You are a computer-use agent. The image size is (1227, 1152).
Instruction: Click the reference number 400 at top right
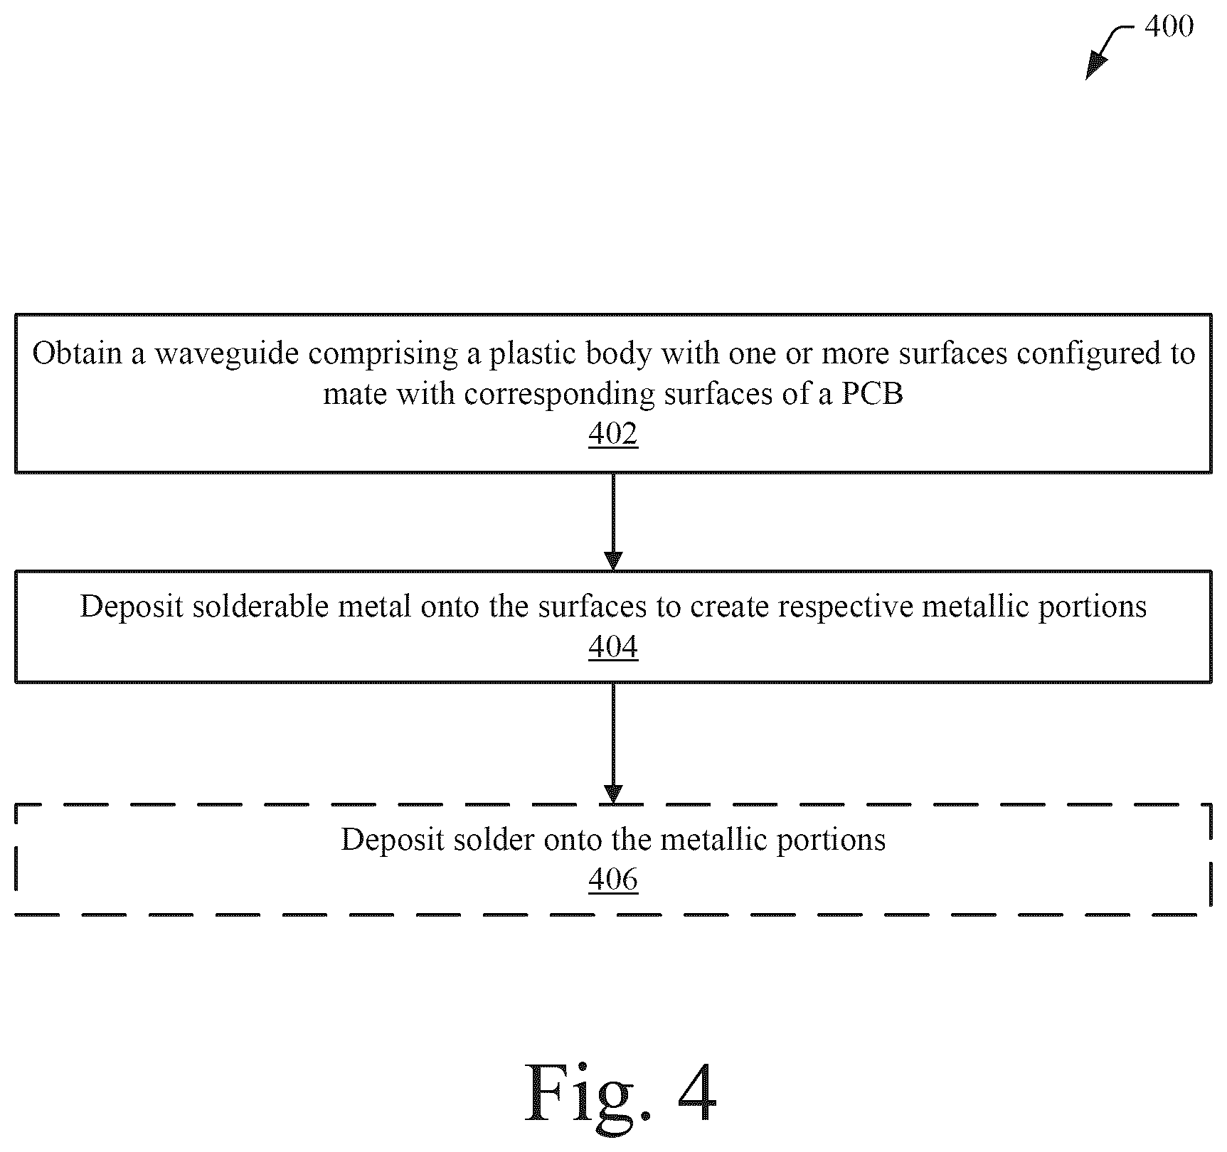coord(1169,26)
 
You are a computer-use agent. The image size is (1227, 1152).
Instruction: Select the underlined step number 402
coord(613,433)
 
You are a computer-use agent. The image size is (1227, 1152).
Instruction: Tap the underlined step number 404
coord(613,646)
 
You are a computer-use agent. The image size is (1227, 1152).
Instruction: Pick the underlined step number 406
coord(613,879)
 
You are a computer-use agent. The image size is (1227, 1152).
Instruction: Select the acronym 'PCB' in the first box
coord(872,394)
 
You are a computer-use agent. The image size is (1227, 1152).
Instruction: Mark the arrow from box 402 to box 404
coord(613,521)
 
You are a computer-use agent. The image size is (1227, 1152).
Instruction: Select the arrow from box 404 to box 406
coord(613,743)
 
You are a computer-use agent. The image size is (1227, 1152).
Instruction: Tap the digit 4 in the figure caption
coord(697,1092)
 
